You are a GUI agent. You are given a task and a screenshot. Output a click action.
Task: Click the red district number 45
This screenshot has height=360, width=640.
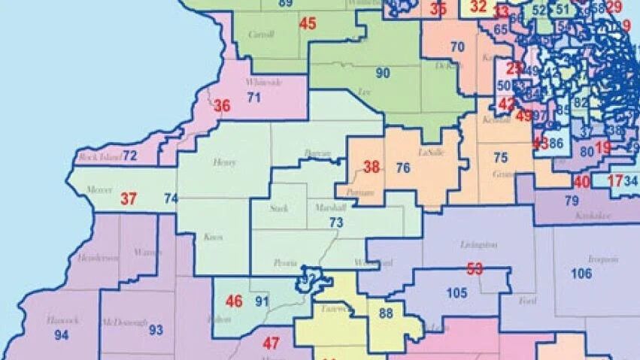pos(308,23)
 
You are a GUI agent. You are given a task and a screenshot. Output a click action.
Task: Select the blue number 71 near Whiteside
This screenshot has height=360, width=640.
pos(253,97)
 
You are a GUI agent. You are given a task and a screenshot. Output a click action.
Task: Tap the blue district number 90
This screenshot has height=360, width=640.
pos(383,73)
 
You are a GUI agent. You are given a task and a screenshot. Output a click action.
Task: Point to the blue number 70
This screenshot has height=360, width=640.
pos(457,47)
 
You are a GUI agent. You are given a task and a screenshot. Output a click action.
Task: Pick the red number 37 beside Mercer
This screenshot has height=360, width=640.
pos(129,199)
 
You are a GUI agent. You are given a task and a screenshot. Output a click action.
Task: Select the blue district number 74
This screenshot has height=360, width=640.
pos(171,199)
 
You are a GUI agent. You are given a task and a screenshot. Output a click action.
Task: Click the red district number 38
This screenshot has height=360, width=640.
pos(372,167)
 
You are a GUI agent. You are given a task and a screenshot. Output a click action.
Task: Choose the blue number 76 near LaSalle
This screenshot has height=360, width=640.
pos(403,168)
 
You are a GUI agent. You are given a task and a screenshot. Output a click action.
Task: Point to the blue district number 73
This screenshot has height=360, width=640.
pos(336,222)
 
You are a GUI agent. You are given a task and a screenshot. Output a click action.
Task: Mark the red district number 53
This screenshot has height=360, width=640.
pos(475,268)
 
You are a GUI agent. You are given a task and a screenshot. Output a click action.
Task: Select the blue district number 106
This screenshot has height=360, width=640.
pos(581,274)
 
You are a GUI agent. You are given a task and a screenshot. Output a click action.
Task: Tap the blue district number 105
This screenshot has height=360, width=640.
pos(457,292)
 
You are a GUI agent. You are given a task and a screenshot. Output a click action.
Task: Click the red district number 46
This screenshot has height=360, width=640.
pos(235,301)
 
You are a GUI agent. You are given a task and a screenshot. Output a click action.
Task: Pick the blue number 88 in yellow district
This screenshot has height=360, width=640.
pos(386,313)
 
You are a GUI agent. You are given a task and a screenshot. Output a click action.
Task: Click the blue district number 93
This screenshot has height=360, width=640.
pos(156,329)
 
